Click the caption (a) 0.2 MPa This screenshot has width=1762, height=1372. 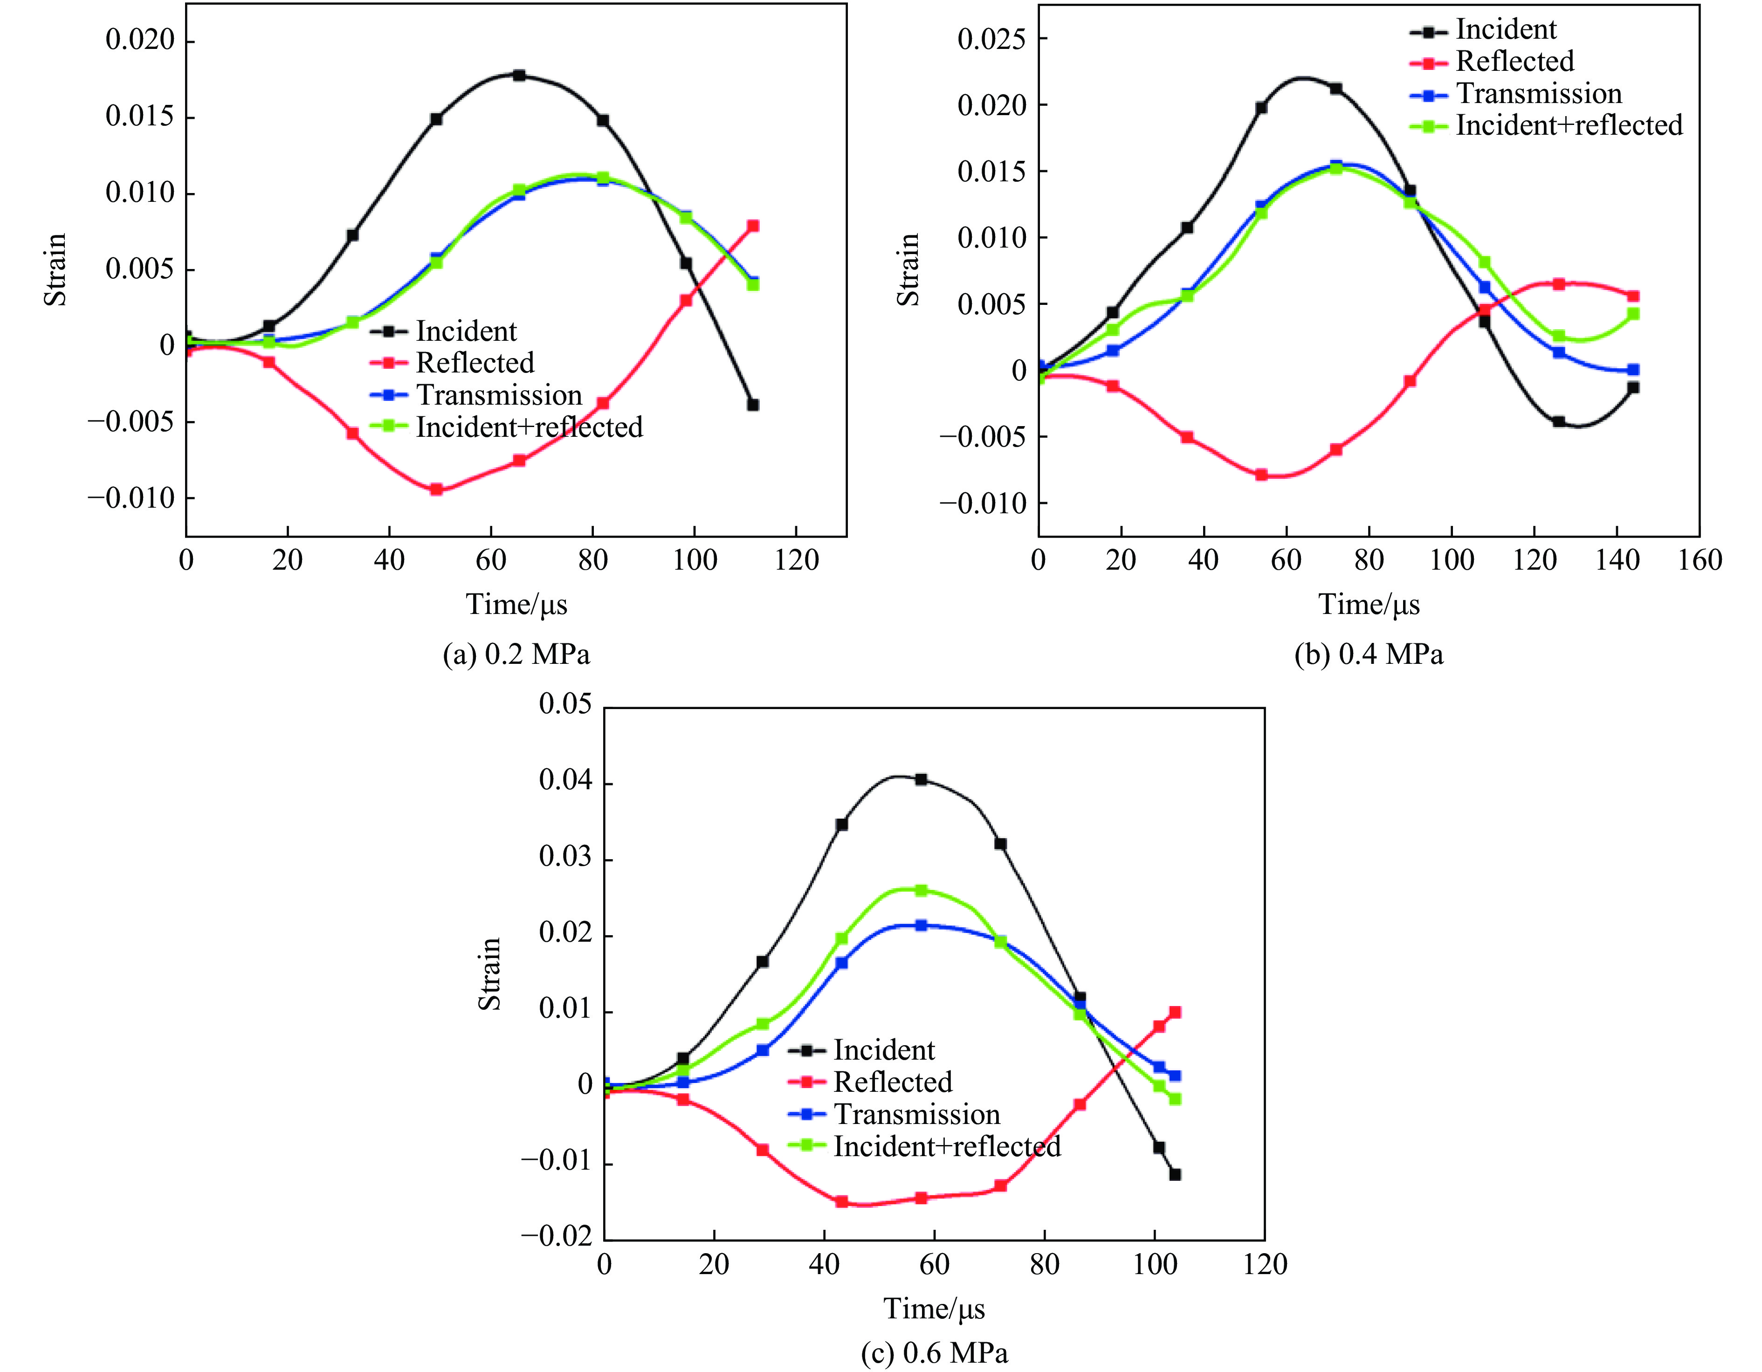pyautogui.click(x=516, y=654)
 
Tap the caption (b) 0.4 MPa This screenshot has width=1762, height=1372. pyautogui.click(x=1369, y=654)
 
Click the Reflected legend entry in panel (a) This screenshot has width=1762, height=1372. pyautogui.click(x=475, y=363)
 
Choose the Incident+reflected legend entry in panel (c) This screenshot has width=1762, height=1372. pyautogui.click(x=946, y=1146)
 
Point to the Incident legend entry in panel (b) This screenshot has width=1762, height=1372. pyautogui.click(x=1506, y=30)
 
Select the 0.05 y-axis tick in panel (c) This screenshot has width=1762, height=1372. pyautogui.click(x=565, y=704)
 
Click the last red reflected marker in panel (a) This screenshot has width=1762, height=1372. pyautogui.click(x=753, y=226)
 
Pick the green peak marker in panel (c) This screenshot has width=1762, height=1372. pyautogui.click(x=921, y=890)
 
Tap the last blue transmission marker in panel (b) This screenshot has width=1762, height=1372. pyautogui.click(x=1633, y=370)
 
